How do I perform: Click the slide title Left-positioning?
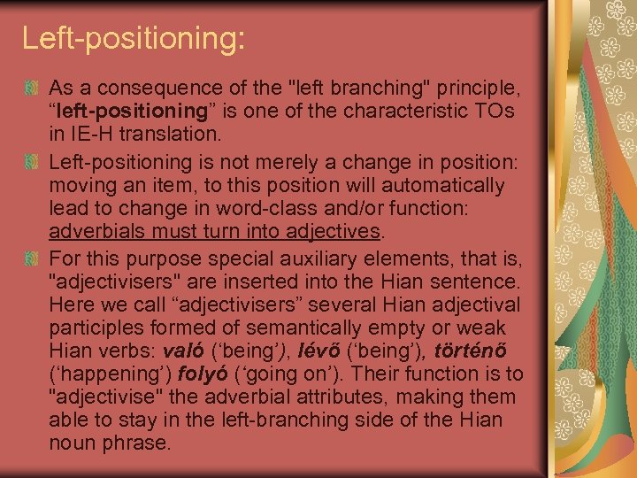pos(133,38)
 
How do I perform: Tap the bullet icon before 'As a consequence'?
pos(32,89)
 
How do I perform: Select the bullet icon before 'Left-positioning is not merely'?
pos(32,163)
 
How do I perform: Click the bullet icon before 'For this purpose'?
pos(32,259)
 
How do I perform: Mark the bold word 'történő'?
pos(482,351)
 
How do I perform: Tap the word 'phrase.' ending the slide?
pos(139,443)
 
